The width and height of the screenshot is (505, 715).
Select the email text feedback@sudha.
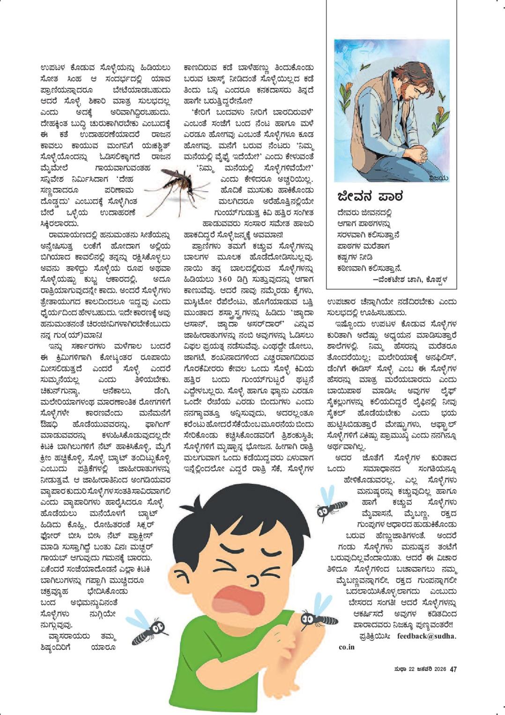pos(426,636)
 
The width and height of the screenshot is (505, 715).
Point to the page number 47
pos(453,670)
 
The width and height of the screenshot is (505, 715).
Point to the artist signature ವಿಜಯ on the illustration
pos(439,178)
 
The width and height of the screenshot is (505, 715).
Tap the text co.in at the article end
pos(347,647)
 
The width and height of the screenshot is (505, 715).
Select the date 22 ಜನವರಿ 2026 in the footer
pos(424,670)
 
